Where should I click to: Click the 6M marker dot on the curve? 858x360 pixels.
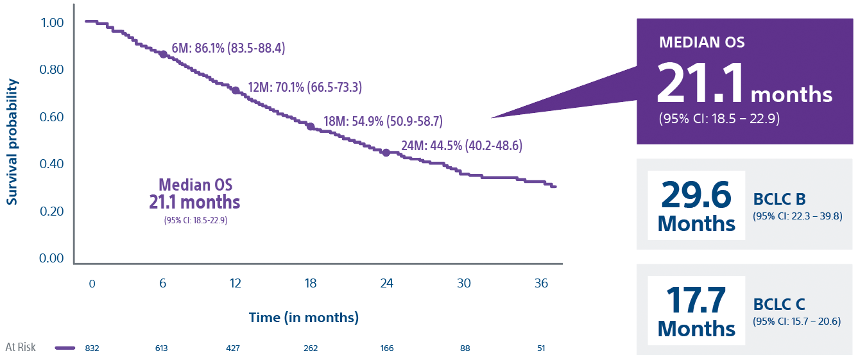[x=163, y=55]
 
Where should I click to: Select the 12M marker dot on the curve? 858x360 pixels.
[x=236, y=91]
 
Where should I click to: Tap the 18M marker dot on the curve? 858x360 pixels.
[x=311, y=126]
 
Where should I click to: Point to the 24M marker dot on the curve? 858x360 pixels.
[x=386, y=152]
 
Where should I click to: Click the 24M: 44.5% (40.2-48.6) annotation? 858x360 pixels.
[x=461, y=146]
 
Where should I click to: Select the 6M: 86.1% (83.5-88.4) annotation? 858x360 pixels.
[x=228, y=49]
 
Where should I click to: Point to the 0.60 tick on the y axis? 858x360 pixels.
[x=51, y=117]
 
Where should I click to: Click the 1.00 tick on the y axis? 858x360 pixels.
[x=51, y=22]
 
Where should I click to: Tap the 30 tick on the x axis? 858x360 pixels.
[x=464, y=284]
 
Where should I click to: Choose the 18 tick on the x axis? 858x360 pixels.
[x=311, y=284]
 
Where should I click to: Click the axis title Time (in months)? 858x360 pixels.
[x=304, y=318]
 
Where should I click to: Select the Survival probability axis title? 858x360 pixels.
[x=12, y=142]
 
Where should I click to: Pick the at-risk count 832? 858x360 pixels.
[x=92, y=348]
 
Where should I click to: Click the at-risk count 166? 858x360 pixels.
[x=386, y=348]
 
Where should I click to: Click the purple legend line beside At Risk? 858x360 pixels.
[x=65, y=348]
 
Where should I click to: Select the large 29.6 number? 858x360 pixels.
[x=696, y=194]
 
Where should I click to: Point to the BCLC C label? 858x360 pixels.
[x=779, y=305]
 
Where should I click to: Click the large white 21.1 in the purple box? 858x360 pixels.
[x=700, y=84]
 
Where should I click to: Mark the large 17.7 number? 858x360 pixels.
[x=696, y=300]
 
